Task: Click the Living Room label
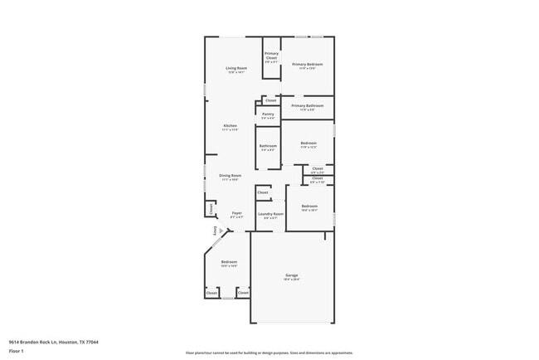tap(237, 68)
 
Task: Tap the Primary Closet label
tap(271, 57)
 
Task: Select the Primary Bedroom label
tap(307, 64)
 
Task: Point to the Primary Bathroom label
tap(307, 106)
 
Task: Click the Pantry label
tap(268, 114)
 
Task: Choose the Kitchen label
tap(230, 126)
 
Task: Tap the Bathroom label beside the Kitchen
tap(268, 146)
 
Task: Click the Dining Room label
tap(230, 176)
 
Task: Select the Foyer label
tap(236, 214)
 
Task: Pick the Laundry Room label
tap(270, 214)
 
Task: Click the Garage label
tap(292, 275)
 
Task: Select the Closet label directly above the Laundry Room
tap(263, 192)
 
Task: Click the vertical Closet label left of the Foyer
tap(211, 207)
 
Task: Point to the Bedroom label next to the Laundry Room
tap(309, 206)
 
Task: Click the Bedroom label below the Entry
tap(229, 263)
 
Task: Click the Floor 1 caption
tap(16, 351)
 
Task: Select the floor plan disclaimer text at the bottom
tap(269, 353)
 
